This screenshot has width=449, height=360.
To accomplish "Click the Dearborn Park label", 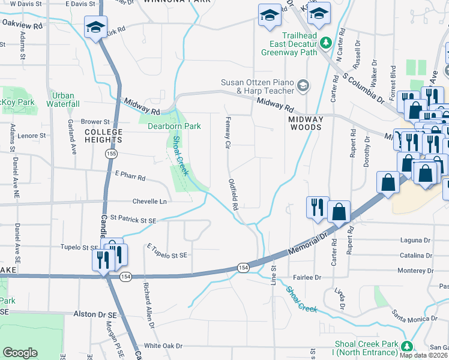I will tap(174, 126).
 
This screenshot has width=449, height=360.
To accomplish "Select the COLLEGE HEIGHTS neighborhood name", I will tap(103, 136).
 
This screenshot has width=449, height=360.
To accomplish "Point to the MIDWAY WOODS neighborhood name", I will tap(306, 124).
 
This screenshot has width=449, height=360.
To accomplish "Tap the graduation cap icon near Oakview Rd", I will tap(95, 28).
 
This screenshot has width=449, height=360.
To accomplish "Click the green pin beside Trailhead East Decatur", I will tap(326, 43).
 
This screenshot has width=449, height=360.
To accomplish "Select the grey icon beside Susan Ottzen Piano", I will tap(303, 84).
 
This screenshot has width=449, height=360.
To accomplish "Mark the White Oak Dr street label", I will tap(163, 346).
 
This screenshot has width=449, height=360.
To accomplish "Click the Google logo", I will tap(20, 353).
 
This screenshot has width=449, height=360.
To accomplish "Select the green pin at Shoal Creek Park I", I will tap(407, 346).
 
